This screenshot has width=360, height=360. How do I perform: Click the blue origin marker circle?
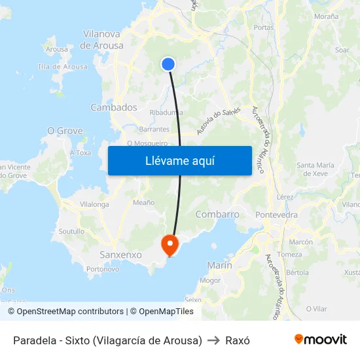pos(168,63)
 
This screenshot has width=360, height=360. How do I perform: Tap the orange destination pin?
pos(170,245)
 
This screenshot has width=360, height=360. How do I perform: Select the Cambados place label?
pos(114,107)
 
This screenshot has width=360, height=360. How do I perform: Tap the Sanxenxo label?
pos(120,254)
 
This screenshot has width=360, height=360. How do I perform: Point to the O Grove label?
pos(65,131)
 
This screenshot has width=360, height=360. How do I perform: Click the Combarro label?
pos(217,214)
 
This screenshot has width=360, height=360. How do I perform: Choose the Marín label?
pos(219,265)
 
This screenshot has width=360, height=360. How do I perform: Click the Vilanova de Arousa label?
pos(101,40)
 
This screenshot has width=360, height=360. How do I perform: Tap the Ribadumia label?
pos(166,113)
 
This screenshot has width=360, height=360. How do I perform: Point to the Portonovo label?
pos(103,269)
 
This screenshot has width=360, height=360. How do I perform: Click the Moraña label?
pos(326,16)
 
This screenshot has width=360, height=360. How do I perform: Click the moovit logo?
pos(320,339)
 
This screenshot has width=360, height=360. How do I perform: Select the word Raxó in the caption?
pos(238,340)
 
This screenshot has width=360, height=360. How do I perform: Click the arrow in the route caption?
pos(213,340)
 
